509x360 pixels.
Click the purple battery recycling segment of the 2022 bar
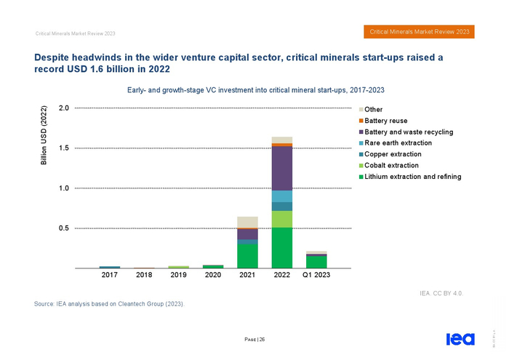(x=282, y=168)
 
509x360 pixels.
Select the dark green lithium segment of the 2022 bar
(x=282, y=247)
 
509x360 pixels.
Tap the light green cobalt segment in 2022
(x=282, y=219)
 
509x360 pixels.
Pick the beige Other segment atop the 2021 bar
(x=247, y=222)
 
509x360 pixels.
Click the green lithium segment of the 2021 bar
(x=247, y=255)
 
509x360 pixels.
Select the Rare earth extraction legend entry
(x=398, y=143)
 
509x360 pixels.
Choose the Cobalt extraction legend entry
(x=396, y=166)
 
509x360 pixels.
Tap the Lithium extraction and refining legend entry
(x=412, y=177)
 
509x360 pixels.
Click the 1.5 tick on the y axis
(x=63, y=148)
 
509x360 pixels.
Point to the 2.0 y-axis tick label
(x=63, y=108)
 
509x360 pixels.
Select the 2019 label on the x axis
(x=178, y=276)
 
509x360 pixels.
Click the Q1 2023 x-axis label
(x=316, y=276)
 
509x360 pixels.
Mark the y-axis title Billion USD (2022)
(x=43, y=137)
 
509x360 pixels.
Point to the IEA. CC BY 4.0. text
(x=441, y=293)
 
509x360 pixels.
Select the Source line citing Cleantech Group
(x=110, y=304)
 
